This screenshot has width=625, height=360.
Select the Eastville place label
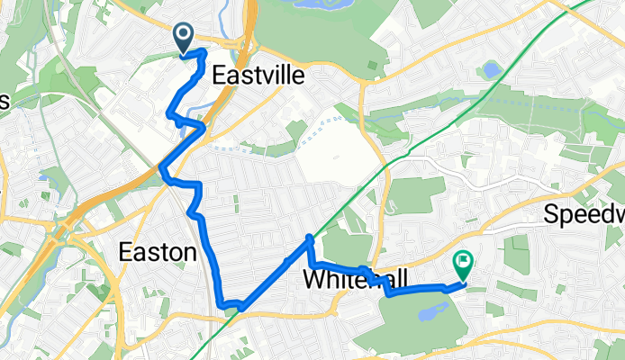click(258, 77)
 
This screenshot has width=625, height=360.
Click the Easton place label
click(158, 253)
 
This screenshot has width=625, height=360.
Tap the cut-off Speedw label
click(585, 215)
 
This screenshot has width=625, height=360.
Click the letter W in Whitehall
click(313, 279)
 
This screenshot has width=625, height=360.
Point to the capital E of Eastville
click(218, 77)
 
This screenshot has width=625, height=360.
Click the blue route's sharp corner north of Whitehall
click(310, 238)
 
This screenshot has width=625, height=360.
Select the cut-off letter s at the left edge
click(4, 101)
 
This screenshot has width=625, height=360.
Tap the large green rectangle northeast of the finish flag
click(516, 254)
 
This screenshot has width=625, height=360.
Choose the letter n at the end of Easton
click(188, 253)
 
